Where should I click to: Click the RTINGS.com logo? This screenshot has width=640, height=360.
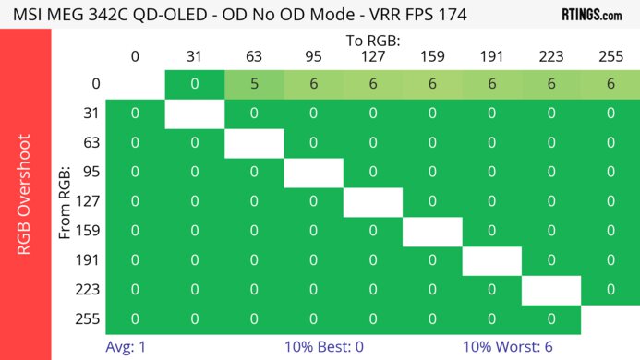[x=591, y=15]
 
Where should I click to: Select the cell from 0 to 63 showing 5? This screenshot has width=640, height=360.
[x=254, y=84]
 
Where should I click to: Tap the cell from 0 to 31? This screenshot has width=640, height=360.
[x=194, y=84]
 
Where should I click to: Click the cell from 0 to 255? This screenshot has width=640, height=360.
[x=610, y=84]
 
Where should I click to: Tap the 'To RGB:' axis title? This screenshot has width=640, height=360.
[x=373, y=41]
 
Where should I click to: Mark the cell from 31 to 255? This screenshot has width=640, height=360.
[x=610, y=114]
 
